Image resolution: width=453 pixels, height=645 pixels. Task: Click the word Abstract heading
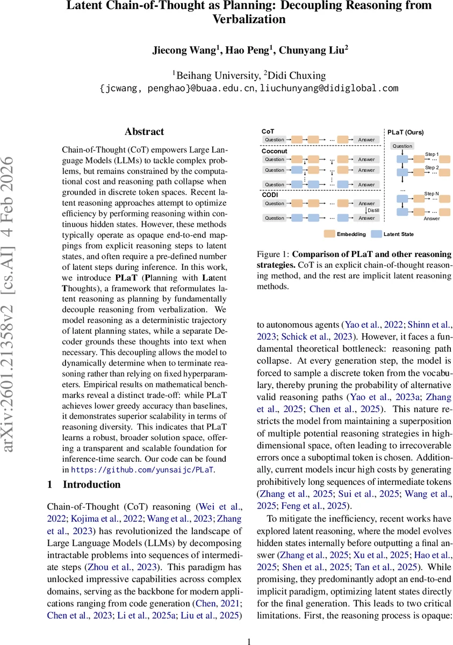[x=144, y=132]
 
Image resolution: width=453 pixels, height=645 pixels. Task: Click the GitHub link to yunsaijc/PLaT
[x=142, y=469]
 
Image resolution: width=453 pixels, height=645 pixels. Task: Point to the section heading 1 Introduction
[x=84, y=485]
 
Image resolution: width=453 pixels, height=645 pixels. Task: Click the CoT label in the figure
[x=267, y=131]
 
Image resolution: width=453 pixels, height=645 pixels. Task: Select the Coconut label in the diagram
[x=274, y=151]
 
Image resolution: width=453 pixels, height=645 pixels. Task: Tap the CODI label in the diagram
[x=270, y=195]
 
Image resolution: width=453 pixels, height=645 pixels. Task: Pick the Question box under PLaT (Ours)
[x=402, y=146]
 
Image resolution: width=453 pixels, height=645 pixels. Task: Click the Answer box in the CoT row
[x=366, y=140]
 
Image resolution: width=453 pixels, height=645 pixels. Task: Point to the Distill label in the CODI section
[x=373, y=211]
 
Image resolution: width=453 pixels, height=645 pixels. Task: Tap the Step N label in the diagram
[x=432, y=193]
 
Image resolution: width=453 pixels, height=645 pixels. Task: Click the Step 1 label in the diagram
[x=432, y=154]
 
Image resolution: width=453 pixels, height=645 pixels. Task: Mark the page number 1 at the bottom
[x=249, y=641]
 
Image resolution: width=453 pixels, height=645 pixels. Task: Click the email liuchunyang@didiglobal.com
[x=329, y=88]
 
